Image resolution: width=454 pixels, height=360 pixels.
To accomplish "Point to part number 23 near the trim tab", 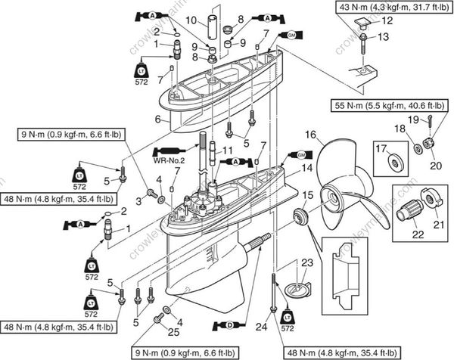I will pyautogui.click(x=306, y=263).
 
